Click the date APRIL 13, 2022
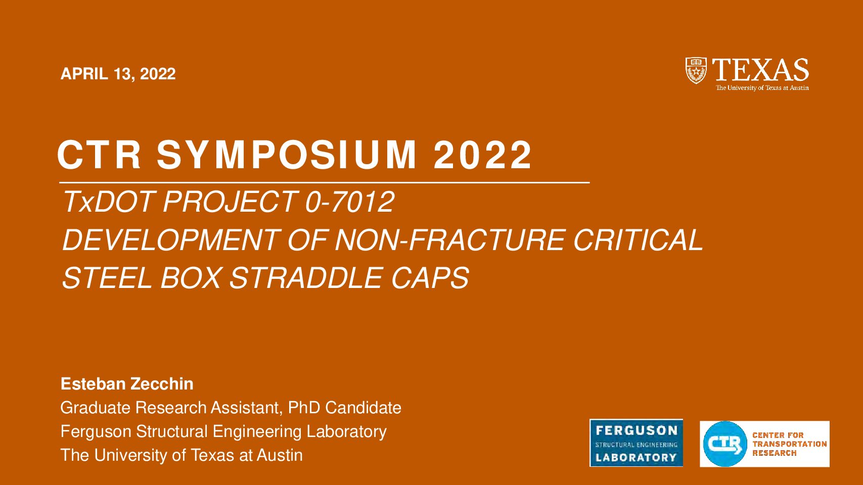coord(118,74)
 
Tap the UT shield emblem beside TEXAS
coord(696,70)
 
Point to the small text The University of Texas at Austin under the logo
coord(762,88)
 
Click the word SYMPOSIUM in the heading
coord(286,155)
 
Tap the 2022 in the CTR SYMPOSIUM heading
coord(482,155)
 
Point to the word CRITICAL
coord(639,240)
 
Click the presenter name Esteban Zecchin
coord(127,384)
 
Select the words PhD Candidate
coord(344,407)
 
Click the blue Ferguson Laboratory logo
coord(636,443)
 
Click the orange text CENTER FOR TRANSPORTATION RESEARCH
coord(789,444)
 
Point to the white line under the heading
coord(325,182)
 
